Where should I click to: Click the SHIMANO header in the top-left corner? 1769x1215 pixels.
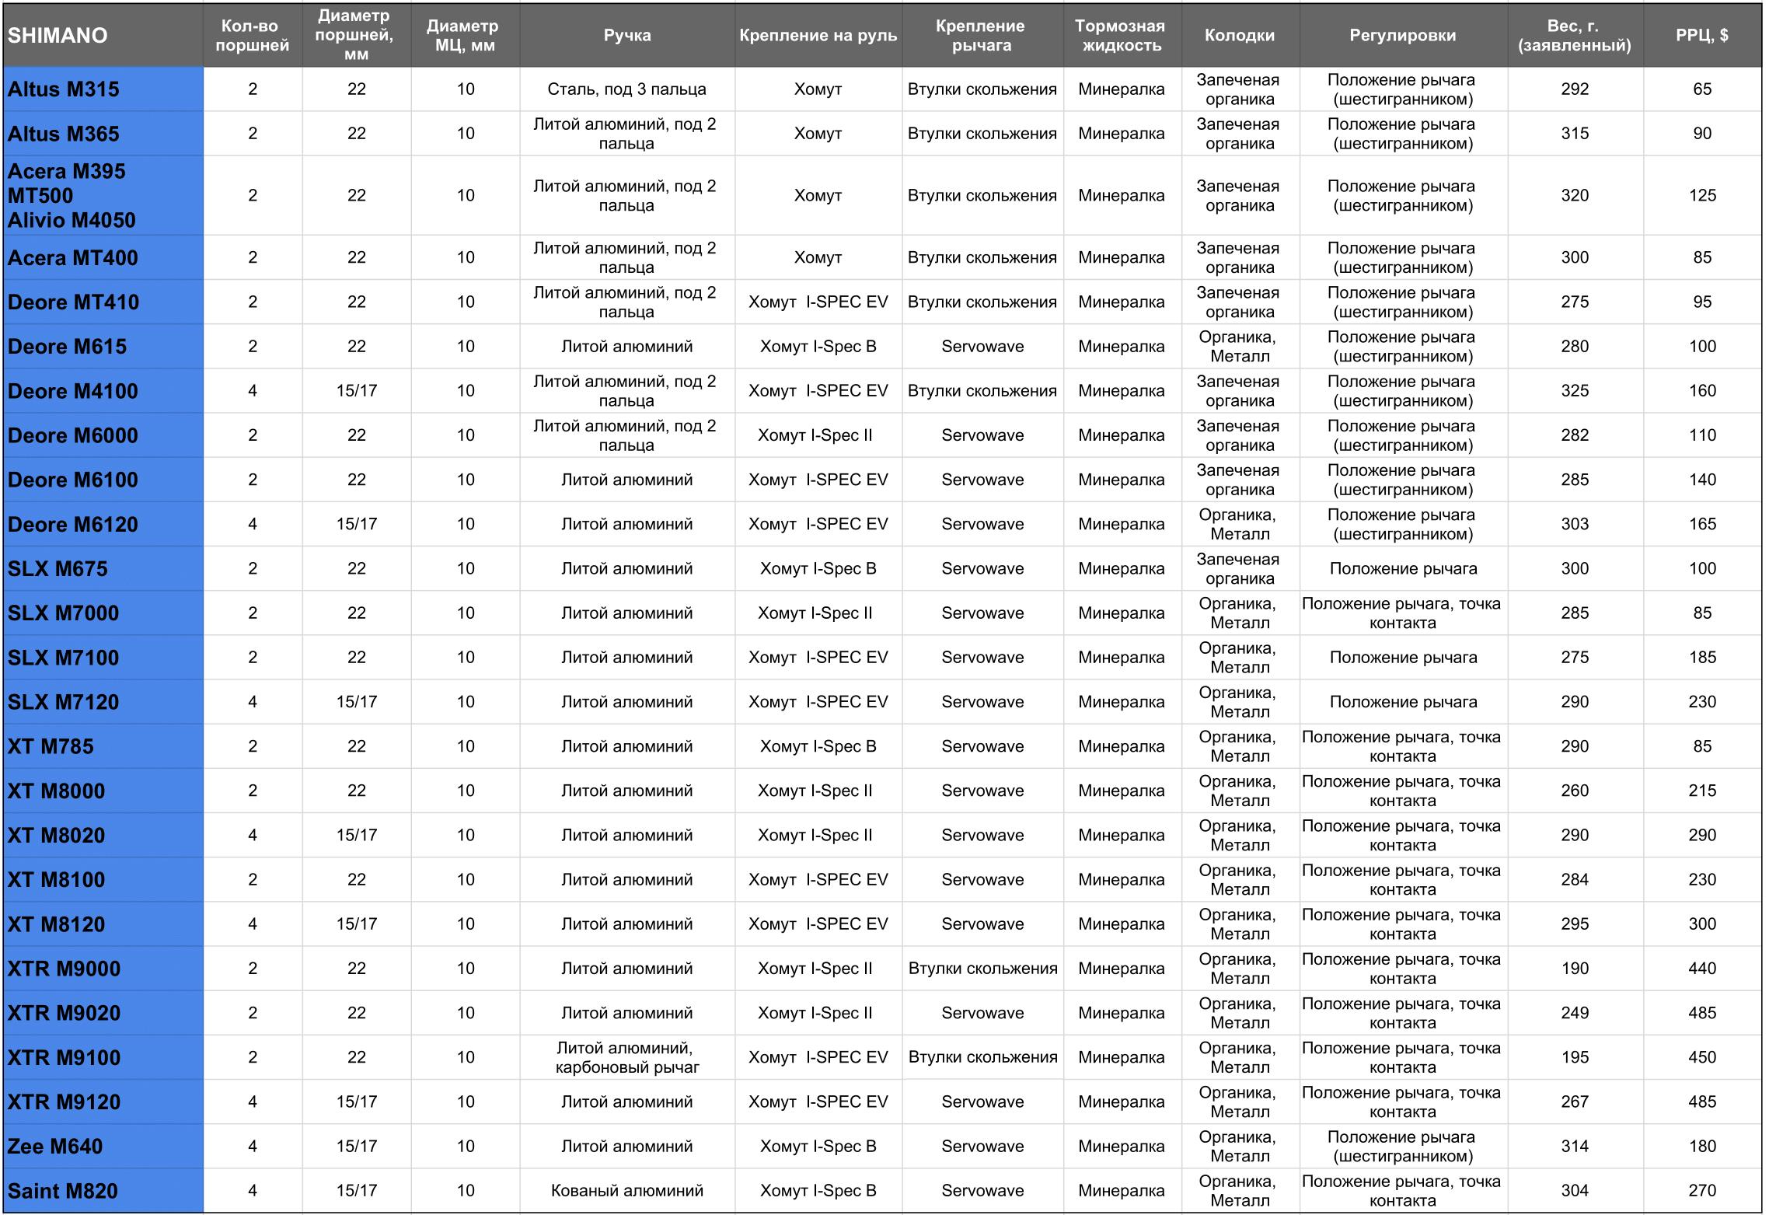tap(58, 36)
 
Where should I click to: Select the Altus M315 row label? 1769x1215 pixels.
tap(64, 89)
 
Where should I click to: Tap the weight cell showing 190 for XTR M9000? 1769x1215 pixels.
tap(1575, 969)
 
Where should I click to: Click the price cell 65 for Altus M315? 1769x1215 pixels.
tap(1702, 89)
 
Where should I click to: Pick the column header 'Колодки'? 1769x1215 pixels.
tap(1239, 36)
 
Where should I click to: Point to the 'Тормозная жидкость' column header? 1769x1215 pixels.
tap(1121, 36)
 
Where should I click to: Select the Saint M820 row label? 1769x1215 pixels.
tap(63, 1191)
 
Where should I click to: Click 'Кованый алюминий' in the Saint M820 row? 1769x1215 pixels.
tap(626, 1191)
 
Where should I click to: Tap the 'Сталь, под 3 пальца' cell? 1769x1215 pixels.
tap(626, 89)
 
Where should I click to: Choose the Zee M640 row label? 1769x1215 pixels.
tap(55, 1147)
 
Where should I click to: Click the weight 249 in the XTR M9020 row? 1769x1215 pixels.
tap(1575, 1013)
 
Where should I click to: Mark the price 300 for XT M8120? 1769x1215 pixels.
tap(1702, 924)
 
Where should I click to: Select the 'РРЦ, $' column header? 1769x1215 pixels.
tap(1702, 36)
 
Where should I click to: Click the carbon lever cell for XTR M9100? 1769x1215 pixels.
tap(626, 1057)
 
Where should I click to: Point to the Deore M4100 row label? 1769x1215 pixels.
tap(73, 391)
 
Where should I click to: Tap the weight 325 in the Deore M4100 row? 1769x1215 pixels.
tap(1575, 391)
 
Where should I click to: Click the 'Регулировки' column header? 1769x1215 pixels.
tap(1402, 36)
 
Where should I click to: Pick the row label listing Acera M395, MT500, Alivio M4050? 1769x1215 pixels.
tap(72, 196)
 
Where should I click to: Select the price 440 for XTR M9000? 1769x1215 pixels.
tap(1702, 969)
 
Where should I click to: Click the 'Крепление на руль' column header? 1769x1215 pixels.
tap(818, 36)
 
